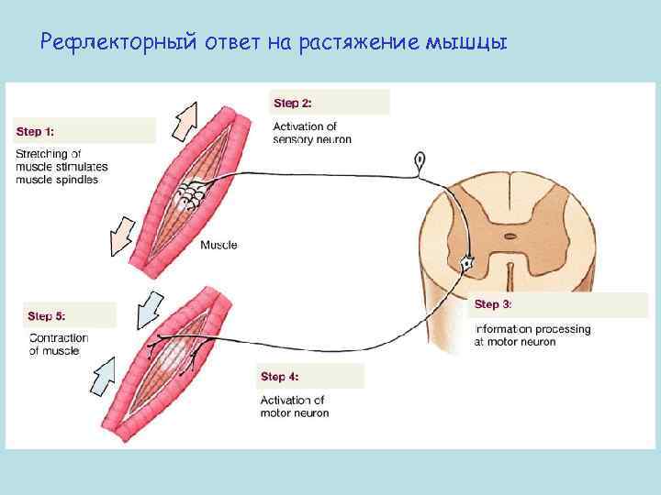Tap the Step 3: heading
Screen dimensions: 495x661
point(493,304)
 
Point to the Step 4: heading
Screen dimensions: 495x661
point(279,377)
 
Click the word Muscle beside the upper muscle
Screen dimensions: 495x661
point(218,245)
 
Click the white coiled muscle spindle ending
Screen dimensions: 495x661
point(195,194)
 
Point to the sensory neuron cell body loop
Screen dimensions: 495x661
point(420,161)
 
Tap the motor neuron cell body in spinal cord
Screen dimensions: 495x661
point(467,263)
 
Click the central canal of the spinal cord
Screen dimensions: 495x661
point(508,236)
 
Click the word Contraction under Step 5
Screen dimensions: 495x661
point(59,337)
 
